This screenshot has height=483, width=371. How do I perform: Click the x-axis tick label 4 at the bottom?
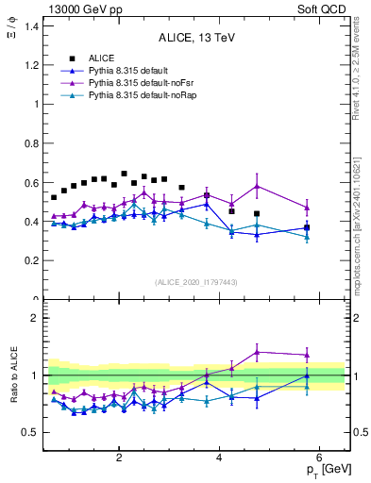coord(219,458)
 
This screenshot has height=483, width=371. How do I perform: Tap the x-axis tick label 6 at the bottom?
coord(319,458)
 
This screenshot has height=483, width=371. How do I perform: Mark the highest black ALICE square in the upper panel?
coord(124,174)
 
